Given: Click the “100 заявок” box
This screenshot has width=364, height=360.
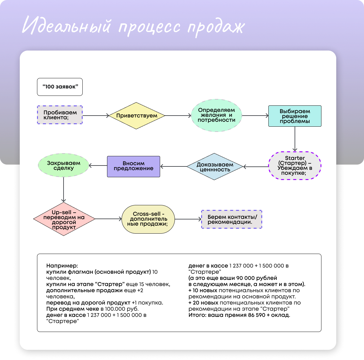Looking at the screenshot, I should pyautogui.click(x=60, y=87).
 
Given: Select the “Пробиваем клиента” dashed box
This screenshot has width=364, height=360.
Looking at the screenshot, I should pyautogui.click(x=60, y=115).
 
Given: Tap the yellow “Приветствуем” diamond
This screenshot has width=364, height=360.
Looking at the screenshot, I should pyautogui.click(x=137, y=116).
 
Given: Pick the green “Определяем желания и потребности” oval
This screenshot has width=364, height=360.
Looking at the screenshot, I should pyautogui.click(x=216, y=115).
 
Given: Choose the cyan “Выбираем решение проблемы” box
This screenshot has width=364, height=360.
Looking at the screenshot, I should pyautogui.click(x=295, y=116).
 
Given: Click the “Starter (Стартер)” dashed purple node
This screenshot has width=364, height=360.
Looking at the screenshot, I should pyautogui.click(x=295, y=166).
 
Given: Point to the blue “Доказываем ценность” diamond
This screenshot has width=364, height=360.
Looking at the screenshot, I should pyautogui.click(x=215, y=167).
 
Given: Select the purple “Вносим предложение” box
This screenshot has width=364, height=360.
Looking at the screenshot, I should pyautogui.click(x=134, y=166).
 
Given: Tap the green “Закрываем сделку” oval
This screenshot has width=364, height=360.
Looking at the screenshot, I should pyautogui.click(x=64, y=166).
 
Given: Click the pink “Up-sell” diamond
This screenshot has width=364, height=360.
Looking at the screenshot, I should pyautogui.click(x=64, y=219).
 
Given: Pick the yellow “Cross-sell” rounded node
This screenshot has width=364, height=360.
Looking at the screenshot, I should pyautogui.click(x=148, y=219).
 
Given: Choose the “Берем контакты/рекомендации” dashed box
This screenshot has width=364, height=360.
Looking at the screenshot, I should pyautogui.click(x=232, y=219).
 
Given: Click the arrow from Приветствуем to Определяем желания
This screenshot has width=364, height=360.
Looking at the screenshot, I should pyautogui.click(x=178, y=116).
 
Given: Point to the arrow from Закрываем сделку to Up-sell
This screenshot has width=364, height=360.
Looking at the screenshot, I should pyautogui.click(x=64, y=189).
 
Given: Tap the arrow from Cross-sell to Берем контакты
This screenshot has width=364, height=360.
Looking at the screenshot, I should pyautogui.click(x=188, y=219).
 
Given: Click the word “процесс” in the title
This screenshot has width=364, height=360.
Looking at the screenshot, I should pyautogui.click(x=149, y=27).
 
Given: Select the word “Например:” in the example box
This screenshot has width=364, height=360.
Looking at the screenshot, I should pyautogui.click(x=62, y=266).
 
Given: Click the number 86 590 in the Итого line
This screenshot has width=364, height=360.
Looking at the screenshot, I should pyautogui.click(x=256, y=315).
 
